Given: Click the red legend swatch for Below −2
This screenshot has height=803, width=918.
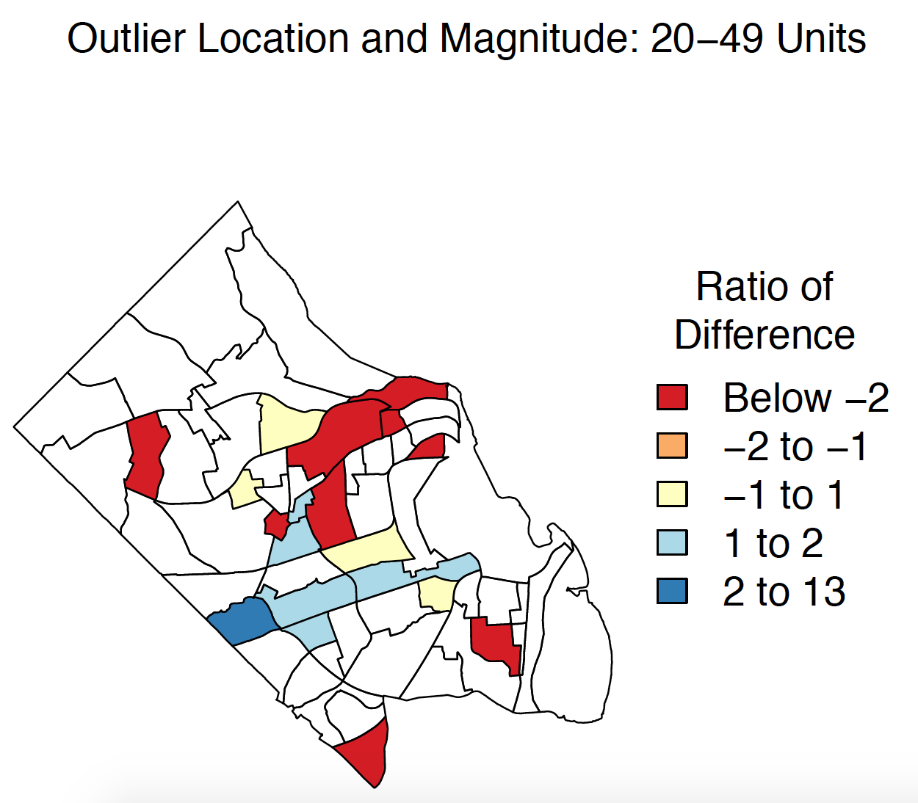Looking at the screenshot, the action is [672, 397].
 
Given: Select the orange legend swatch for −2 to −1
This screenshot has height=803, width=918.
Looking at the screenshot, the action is [672, 446].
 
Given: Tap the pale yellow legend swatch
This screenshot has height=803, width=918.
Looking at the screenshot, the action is [672, 494].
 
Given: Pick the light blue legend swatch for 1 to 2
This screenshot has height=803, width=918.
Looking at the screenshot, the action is [672, 542].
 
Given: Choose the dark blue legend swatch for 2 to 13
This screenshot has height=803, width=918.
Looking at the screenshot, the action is [672, 591].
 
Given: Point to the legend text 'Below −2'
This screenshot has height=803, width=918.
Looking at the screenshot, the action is [806, 398].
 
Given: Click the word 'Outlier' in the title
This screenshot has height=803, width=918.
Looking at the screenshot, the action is [126, 39].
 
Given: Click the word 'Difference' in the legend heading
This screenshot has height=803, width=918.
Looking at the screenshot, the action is [765, 335].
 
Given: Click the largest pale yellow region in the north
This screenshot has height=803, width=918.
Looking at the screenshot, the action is [287, 423].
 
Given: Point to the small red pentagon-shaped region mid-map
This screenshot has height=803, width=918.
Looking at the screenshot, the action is [276, 525].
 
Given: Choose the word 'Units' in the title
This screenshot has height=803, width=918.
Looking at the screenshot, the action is [821, 39].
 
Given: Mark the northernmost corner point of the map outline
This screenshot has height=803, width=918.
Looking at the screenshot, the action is [237, 201].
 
